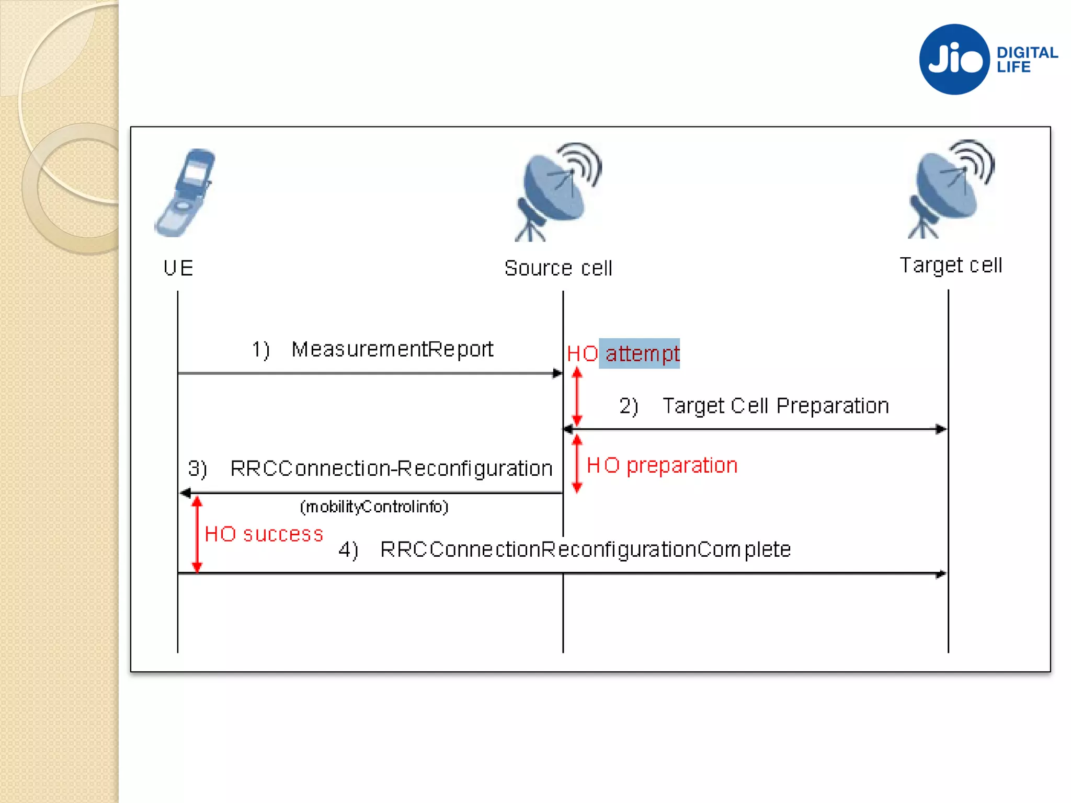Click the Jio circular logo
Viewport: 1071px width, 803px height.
tap(954, 59)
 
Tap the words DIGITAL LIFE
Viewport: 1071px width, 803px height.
tap(1026, 60)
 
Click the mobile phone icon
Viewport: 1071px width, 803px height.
tap(186, 192)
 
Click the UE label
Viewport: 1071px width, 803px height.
tap(178, 268)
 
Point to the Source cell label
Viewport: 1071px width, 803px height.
tap(558, 268)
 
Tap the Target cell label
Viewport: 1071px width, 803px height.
tap(951, 265)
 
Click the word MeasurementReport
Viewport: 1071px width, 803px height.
tap(392, 349)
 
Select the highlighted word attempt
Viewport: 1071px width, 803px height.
tap(642, 354)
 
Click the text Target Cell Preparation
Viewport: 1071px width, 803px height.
tap(776, 406)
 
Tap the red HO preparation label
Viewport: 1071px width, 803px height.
tap(662, 465)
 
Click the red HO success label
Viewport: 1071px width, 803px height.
tap(264, 534)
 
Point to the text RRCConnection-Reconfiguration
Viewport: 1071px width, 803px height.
tap(391, 468)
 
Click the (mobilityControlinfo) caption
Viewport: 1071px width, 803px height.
tap(374, 507)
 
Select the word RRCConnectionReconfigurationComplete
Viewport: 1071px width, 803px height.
tap(586, 549)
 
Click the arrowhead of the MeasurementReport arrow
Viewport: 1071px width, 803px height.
tap(557, 373)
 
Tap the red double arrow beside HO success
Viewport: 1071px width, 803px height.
tap(197, 534)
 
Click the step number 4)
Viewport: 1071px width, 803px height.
tap(348, 550)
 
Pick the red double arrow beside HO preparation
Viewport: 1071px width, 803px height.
tap(577, 464)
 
